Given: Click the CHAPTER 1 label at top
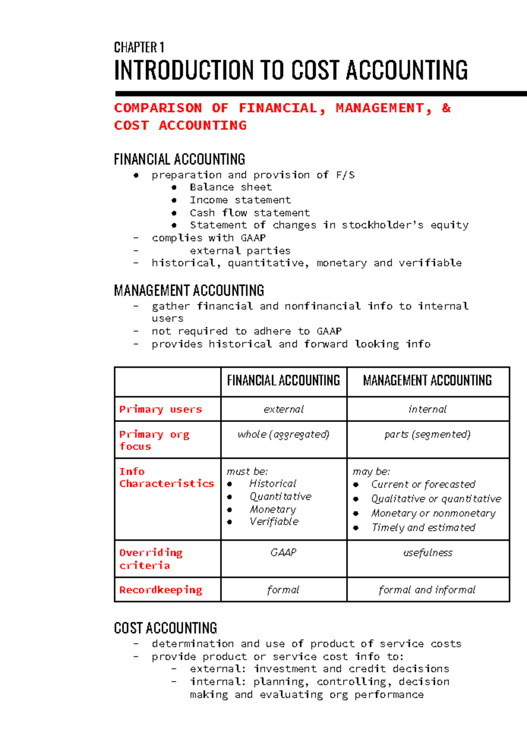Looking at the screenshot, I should click(139, 47).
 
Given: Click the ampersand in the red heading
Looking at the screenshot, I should click(446, 108).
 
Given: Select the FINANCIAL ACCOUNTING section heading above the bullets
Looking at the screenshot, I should click(179, 159).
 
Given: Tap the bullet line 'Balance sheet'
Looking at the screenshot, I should click(231, 187).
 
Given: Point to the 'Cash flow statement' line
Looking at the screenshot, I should click(249, 213).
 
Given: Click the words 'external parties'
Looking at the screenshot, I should click(240, 251).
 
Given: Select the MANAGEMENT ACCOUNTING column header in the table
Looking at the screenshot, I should click(427, 380).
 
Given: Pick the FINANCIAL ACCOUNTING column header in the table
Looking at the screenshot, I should click(283, 380).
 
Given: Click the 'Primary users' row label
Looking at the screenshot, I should click(160, 409).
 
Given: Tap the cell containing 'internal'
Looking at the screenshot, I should click(427, 409).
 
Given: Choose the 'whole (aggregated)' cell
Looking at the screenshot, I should click(283, 434).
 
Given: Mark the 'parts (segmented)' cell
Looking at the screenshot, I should click(427, 434).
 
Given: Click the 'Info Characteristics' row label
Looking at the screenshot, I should click(166, 477).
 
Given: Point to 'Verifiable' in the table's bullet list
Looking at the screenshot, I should click(274, 522).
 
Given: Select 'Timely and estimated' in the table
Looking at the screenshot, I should click(423, 527).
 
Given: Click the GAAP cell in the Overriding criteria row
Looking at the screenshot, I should click(283, 552).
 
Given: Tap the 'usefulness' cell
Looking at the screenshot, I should click(427, 553).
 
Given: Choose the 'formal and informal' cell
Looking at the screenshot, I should click(427, 590).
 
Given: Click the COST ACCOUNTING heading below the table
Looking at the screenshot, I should click(165, 628).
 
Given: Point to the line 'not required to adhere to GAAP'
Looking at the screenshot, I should click(246, 331).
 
